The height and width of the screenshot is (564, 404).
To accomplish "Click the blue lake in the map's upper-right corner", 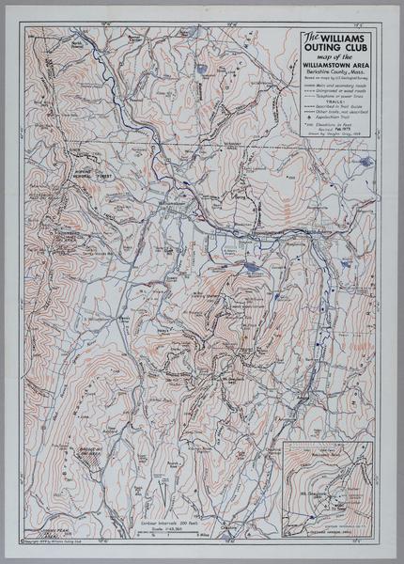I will (x=365, y=163).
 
